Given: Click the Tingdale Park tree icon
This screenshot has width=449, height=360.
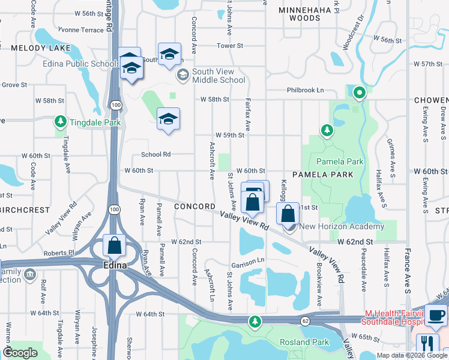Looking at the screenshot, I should (61, 122).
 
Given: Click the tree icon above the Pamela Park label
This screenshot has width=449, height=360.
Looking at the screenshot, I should (327, 130).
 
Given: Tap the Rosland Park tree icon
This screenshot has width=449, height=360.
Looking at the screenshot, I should (255, 322).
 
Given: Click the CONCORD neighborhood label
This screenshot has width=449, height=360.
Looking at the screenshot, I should (194, 206).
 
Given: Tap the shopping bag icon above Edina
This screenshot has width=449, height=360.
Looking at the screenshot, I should (114, 245).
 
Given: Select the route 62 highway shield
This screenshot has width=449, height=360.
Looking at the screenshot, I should (305, 321).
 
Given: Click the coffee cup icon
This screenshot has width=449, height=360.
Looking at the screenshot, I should (436, 315).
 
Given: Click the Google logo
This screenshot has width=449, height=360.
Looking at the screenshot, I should (20, 353).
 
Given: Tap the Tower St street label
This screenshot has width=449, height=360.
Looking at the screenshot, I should (230, 46).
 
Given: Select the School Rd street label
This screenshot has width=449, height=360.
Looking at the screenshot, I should (156, 154).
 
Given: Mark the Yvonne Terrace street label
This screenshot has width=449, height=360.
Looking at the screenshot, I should (80, 29).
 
